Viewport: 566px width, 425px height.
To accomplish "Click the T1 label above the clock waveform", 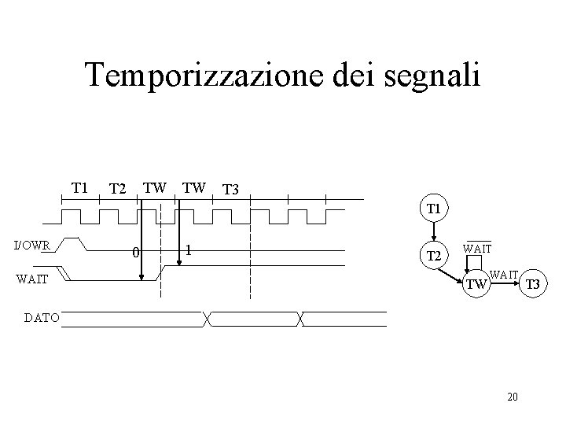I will coord(79,187).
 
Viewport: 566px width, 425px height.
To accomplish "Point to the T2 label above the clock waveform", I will coord(118,189).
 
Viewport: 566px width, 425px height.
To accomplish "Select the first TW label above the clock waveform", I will coord(155,187).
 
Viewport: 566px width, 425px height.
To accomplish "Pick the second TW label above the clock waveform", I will coord(194,187).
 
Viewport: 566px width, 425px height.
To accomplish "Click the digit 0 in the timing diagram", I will coord(135,253).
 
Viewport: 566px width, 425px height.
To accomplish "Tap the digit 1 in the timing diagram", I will coord(188,251).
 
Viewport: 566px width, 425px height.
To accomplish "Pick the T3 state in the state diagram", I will coord(532,284).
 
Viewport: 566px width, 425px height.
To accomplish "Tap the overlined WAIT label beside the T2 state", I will coord(477,248).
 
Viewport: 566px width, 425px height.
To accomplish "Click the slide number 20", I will coord(513,396).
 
